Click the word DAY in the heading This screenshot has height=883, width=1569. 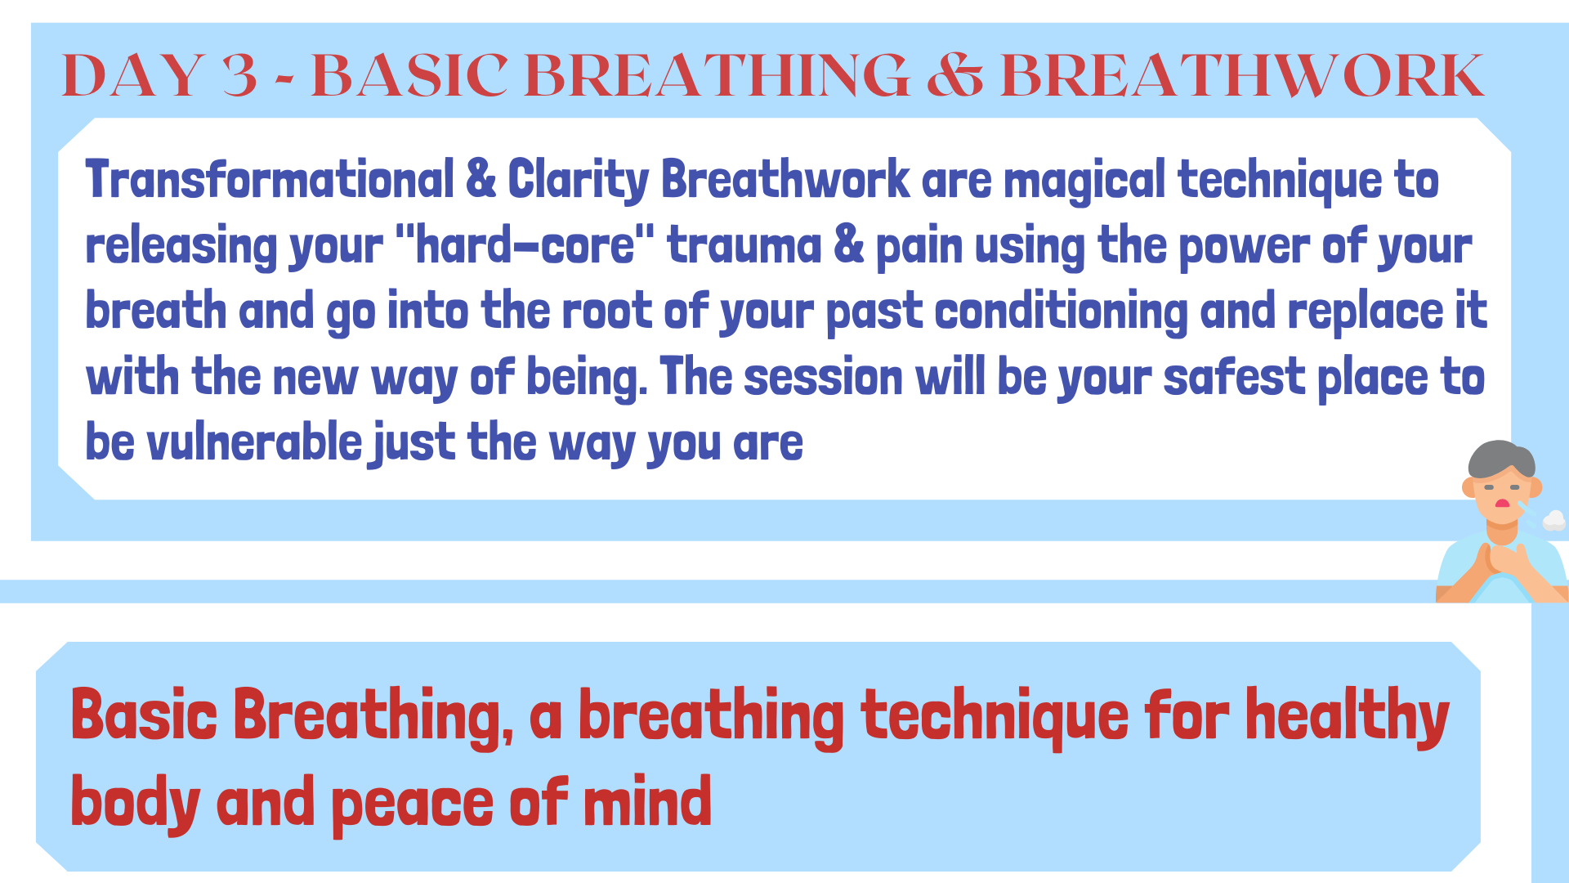(133, 75)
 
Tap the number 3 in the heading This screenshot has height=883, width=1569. (239, 75)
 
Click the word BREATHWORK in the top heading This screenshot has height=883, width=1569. (1242, 75)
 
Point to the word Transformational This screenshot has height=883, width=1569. (270, 179)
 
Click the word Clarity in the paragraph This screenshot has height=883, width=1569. (578, 180)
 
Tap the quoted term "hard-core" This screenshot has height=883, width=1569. (525, 244)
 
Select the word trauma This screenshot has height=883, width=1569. (744, 246)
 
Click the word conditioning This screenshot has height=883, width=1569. (1061, 312)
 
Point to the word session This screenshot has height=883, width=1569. (823, 378)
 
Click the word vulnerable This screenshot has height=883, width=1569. (254, 442)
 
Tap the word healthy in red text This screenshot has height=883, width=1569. (1347, 717)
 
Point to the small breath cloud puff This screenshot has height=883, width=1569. (1553, 520)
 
